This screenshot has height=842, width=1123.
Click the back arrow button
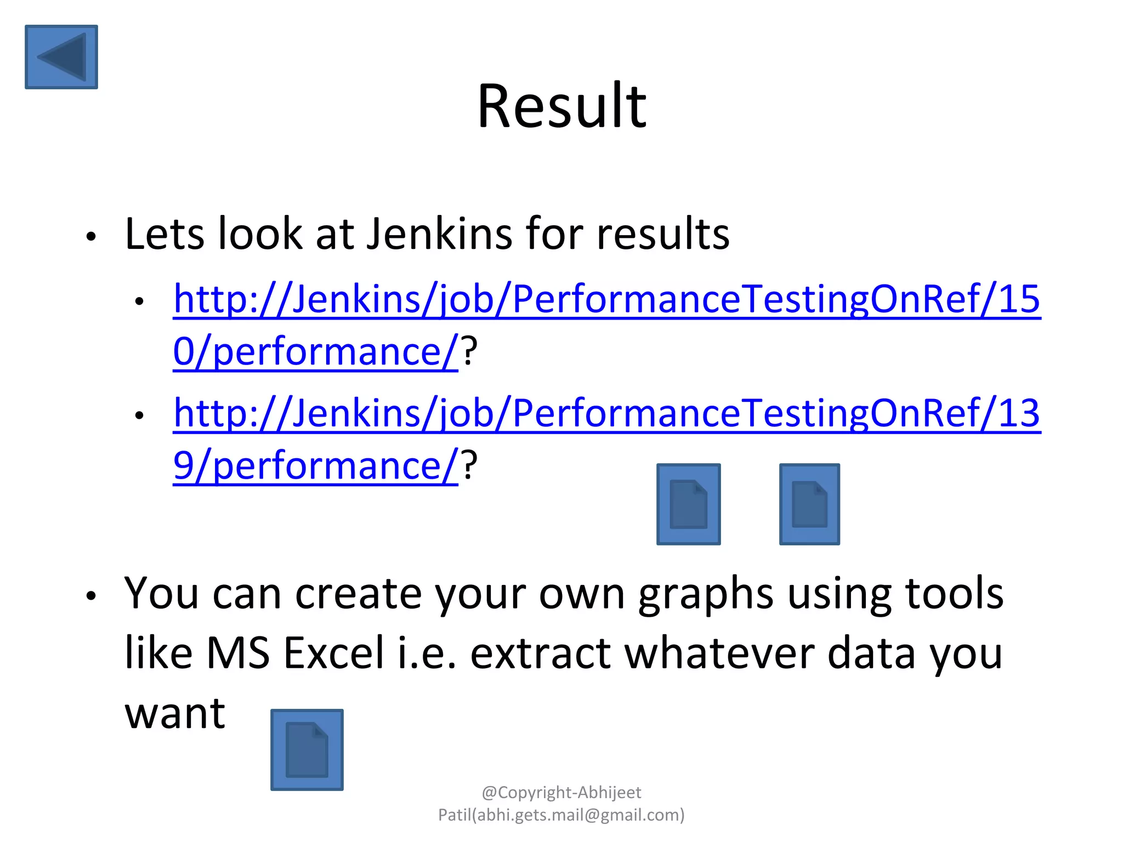61,56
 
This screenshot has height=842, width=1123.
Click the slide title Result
561,105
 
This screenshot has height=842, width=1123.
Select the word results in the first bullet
663,234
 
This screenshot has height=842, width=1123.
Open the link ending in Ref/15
606,299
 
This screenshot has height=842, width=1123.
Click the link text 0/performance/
315,351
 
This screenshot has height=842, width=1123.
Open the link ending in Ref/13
606,413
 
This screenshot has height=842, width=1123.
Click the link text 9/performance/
315,465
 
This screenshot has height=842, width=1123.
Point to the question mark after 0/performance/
469,351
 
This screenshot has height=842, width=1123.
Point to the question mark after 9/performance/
469,465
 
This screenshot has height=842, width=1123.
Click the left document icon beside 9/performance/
689,504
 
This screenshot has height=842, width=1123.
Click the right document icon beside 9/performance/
809,504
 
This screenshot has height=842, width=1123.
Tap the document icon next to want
307,749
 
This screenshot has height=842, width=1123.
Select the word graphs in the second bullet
706,594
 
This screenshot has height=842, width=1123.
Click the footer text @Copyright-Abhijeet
561,793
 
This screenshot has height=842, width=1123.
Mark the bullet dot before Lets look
91,237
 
